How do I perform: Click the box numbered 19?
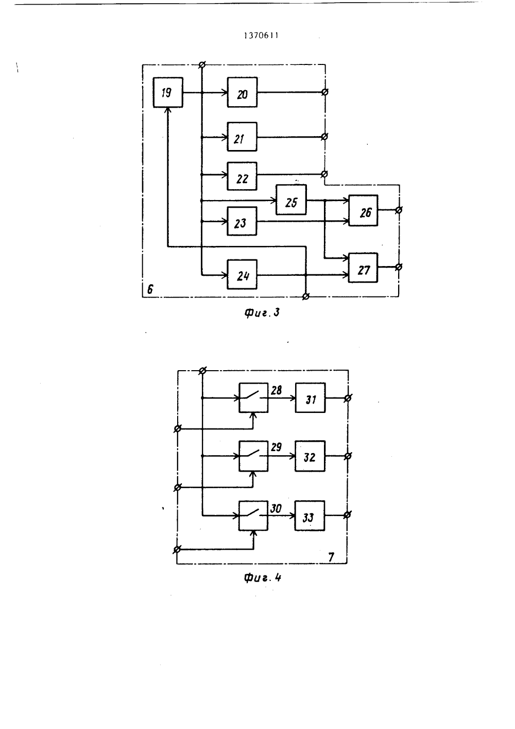point(168,92)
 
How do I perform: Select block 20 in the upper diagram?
point(242,92)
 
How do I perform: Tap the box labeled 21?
point(242,137)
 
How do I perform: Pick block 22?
point(242,176)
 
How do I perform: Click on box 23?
point(242,221)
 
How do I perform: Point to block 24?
point(242,274)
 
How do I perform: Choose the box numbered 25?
point(291,200)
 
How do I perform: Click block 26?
point(363,210)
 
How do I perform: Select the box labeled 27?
point(363,268)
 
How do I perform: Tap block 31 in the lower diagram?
point(310,397)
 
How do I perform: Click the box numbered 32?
point(310,456)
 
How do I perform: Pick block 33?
point(310,516)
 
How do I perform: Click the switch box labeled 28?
point(253,397)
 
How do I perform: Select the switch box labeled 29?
point(253,456)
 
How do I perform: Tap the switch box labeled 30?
point(253,516)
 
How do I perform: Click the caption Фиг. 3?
point(262,313)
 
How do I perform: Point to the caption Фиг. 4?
point(262,578)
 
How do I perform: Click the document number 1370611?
point(261,36)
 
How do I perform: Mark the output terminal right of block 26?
point(399,210)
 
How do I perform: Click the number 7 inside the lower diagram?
point(331,557)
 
